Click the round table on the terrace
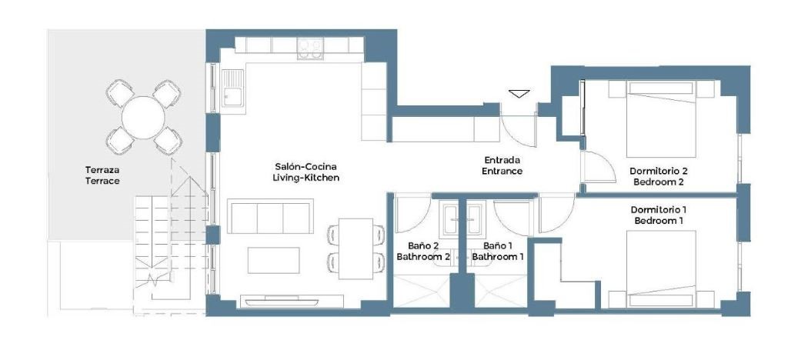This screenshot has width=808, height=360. (x=143, y=117)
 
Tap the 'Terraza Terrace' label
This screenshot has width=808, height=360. (x=102, y=175)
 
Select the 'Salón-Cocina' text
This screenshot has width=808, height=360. (x=306, y=167)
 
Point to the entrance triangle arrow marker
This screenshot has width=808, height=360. (x=519, y=94)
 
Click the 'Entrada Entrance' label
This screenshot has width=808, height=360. (x=502, y=165)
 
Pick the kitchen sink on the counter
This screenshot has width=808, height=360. (x=233, y=88)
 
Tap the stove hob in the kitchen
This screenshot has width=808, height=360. (x=310, y=48)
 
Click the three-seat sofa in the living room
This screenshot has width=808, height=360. (x=271, y=217)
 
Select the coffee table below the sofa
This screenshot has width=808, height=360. (x=274, y=260)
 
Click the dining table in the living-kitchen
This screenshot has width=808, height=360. (x=356, y=248)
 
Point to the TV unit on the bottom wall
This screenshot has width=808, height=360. (x=292, y=301)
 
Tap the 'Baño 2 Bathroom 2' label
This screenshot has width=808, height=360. (x=423, y=252)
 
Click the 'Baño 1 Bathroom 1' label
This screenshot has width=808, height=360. (x=498, y=252)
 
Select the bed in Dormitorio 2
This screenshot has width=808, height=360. (x=661, y=119)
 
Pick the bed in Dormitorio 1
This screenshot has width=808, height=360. (x=661, y=268)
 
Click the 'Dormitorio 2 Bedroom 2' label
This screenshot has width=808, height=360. (x=659, y=176)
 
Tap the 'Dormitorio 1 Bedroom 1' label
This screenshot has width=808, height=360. (x=659, y=215)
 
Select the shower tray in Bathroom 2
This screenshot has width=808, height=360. (x=421, y=291)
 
